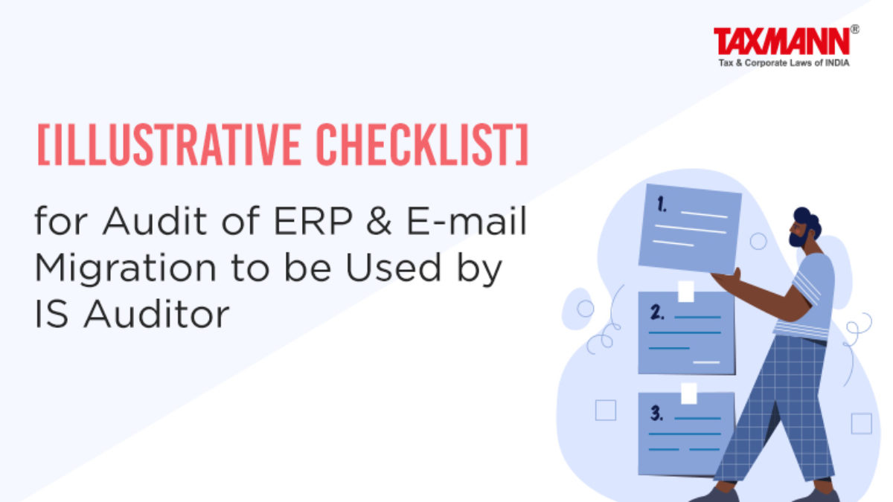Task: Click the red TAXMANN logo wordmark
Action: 782,41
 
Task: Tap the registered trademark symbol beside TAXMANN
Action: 854,30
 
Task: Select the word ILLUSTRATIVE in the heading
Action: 172,144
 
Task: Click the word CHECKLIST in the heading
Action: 412,144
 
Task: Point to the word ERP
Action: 313,221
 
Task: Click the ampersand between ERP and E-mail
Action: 379,221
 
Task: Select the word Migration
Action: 126,268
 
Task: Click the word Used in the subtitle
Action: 393,266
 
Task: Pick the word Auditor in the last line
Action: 156,314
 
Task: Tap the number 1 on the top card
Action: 662,205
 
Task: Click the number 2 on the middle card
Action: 657,312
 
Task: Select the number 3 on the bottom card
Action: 656,413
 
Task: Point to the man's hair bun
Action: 802,214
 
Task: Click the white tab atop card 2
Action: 686,292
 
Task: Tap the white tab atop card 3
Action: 689,393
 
